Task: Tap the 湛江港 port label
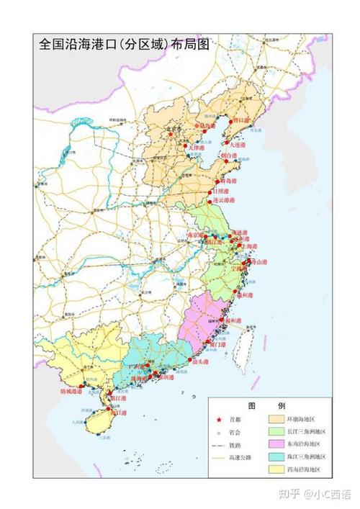click(117, 398)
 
